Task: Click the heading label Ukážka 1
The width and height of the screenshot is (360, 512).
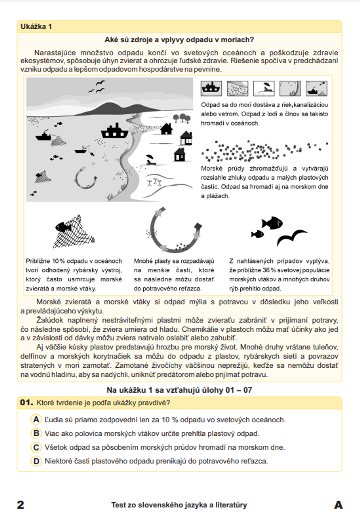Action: [36, 27]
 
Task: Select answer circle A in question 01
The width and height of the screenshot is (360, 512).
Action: [36, 420]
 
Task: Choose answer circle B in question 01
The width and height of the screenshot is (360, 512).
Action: [36, 433]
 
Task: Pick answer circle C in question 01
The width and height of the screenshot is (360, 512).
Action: [36, 447]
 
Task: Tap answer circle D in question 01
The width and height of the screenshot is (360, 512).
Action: [36, 461]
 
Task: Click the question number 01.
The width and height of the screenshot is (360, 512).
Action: [26, 403]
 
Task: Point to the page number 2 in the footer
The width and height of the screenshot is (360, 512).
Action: [21, 504]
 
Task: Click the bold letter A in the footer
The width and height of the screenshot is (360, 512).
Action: [338, 504]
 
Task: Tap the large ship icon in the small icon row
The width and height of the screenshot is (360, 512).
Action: [211, 88]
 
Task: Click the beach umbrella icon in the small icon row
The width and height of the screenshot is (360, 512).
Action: [264, 88]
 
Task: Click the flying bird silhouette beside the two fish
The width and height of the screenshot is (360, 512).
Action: [292, 237]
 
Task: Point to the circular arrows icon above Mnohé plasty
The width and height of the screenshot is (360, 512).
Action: [175, 231]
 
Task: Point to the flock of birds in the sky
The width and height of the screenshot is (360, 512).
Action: [98, 87]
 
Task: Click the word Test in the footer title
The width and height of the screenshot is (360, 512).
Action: [119, 505]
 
